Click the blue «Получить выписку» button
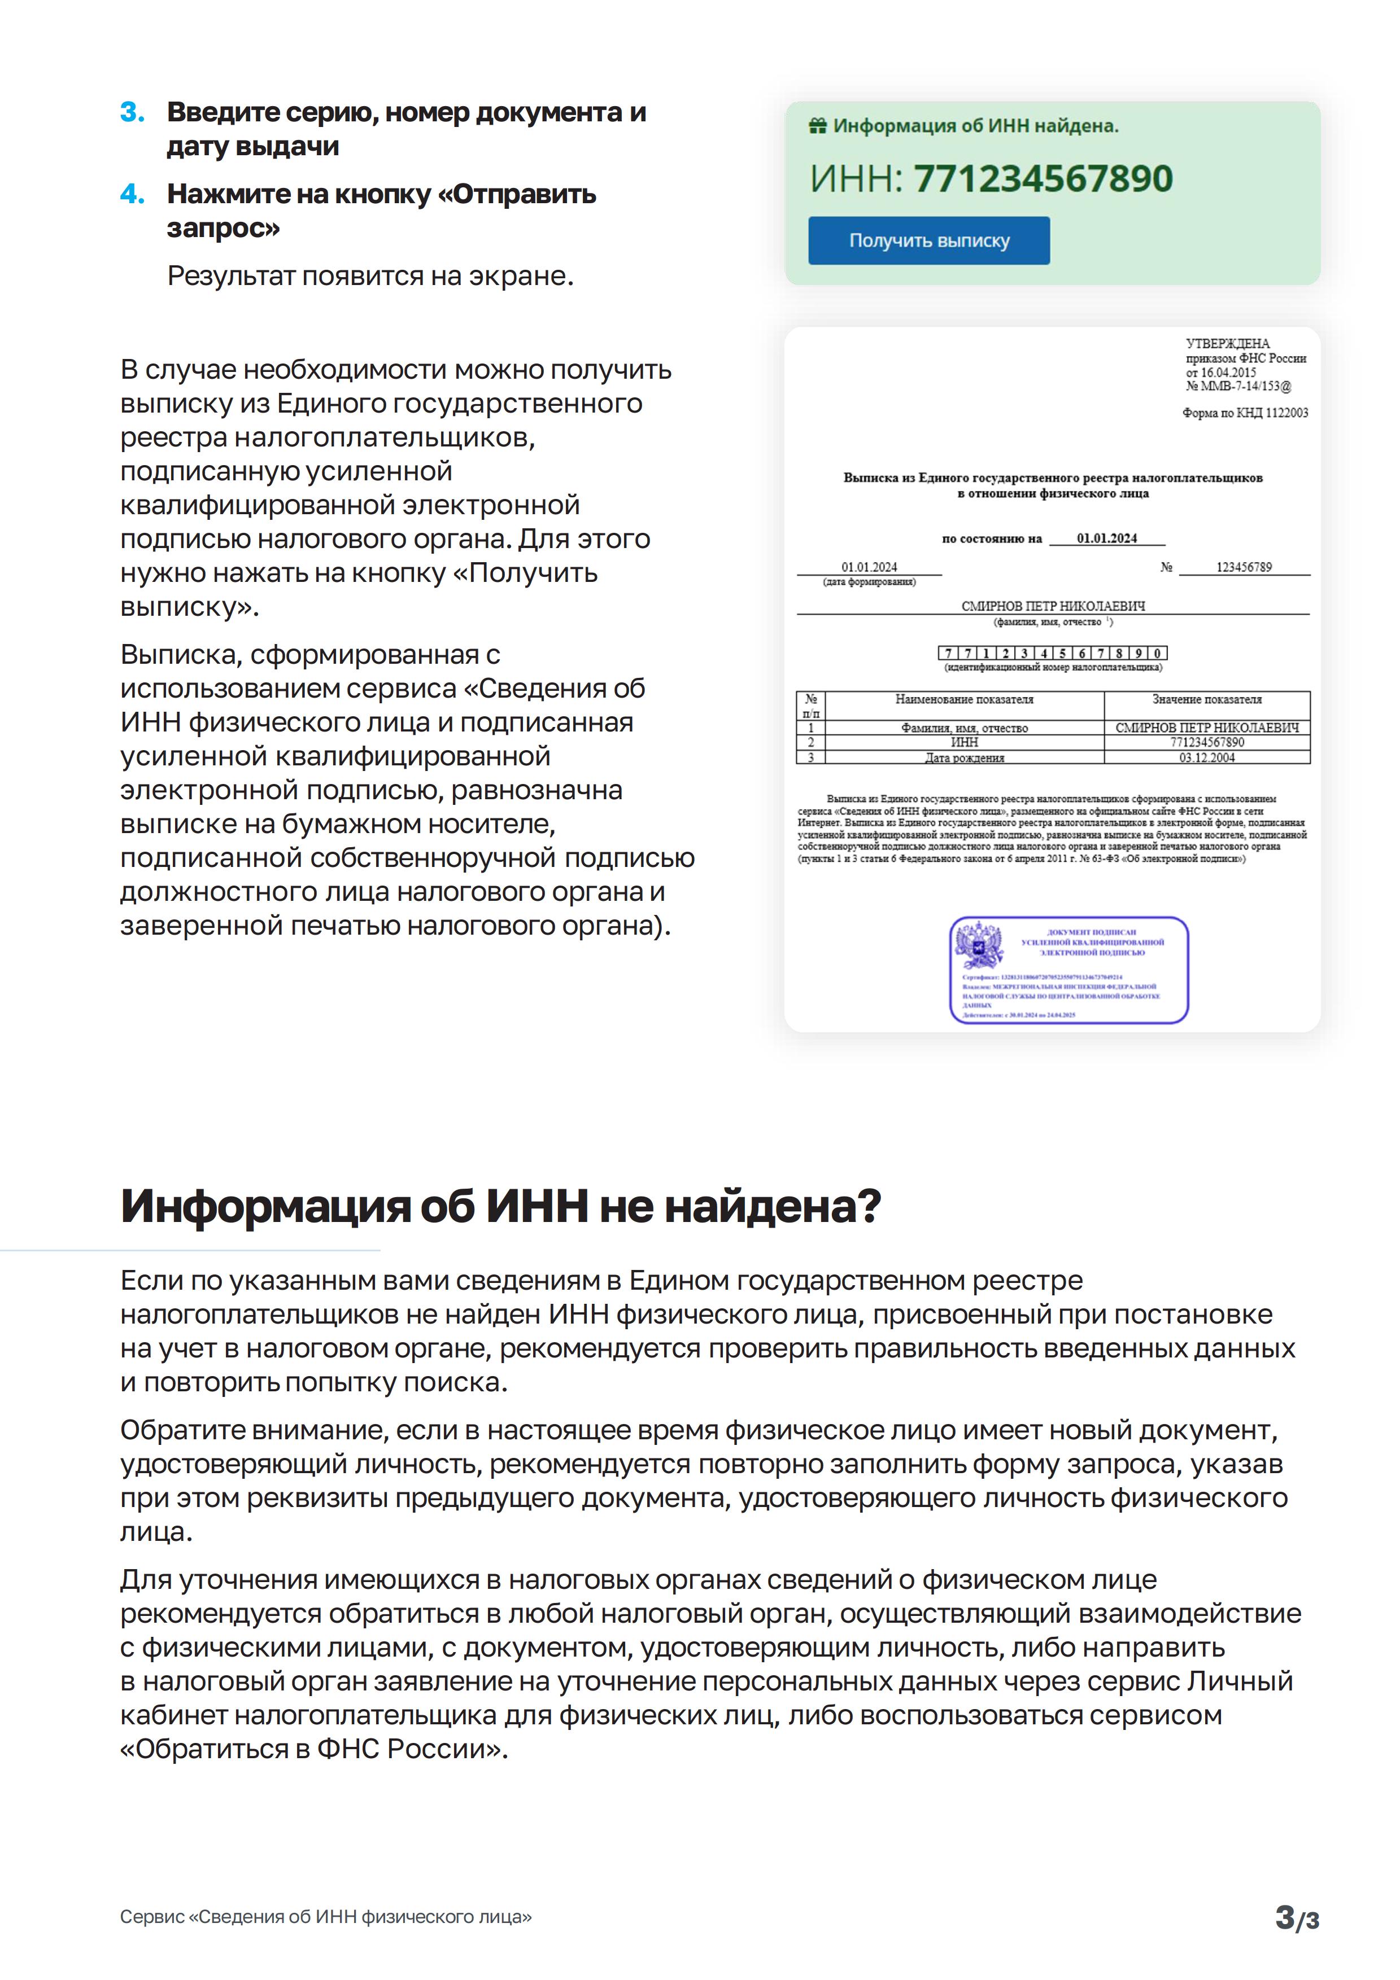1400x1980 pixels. pos(928,240)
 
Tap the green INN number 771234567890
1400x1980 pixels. pos(1043,178)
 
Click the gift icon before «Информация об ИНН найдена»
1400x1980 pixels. pos(817,126)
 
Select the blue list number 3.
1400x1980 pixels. pos(132,112)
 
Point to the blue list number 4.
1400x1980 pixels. pos(132,194)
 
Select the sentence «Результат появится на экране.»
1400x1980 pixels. pos(370,276)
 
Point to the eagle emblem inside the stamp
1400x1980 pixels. pos(980,945)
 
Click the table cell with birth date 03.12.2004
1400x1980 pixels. pos(1207,757)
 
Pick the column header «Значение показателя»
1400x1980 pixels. pos(1207,699)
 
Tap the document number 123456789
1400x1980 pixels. pos(1244,567)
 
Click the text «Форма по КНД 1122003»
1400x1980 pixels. pos(1245,413)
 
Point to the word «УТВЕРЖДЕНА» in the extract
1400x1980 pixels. pos(1228,343)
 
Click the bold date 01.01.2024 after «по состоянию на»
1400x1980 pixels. pos(1107,538)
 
